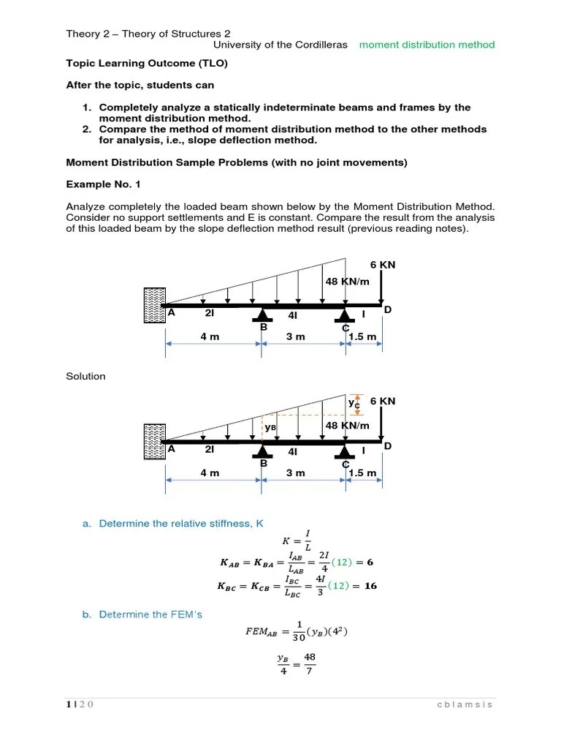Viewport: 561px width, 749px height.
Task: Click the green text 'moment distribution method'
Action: [427, 45]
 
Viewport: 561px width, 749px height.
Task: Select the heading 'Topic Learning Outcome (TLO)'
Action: [147, 64]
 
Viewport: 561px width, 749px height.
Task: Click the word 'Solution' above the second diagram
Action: [85, 376]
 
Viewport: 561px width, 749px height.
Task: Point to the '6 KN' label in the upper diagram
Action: [382, 265]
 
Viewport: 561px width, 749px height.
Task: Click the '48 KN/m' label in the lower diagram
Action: [347, 425]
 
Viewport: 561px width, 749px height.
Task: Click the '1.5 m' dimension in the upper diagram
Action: [362, 336]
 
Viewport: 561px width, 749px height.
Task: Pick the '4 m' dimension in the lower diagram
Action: [210, 473]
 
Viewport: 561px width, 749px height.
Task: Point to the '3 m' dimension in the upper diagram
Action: [295, 336]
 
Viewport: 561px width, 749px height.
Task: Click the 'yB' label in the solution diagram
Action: [270, 426]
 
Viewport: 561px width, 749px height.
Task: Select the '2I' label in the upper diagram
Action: [210, 313]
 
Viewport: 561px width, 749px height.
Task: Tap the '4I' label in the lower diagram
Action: [293, 452]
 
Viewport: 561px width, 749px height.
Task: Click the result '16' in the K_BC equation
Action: [370, 586]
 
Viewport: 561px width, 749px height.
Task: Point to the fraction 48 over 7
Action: [310, 663]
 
